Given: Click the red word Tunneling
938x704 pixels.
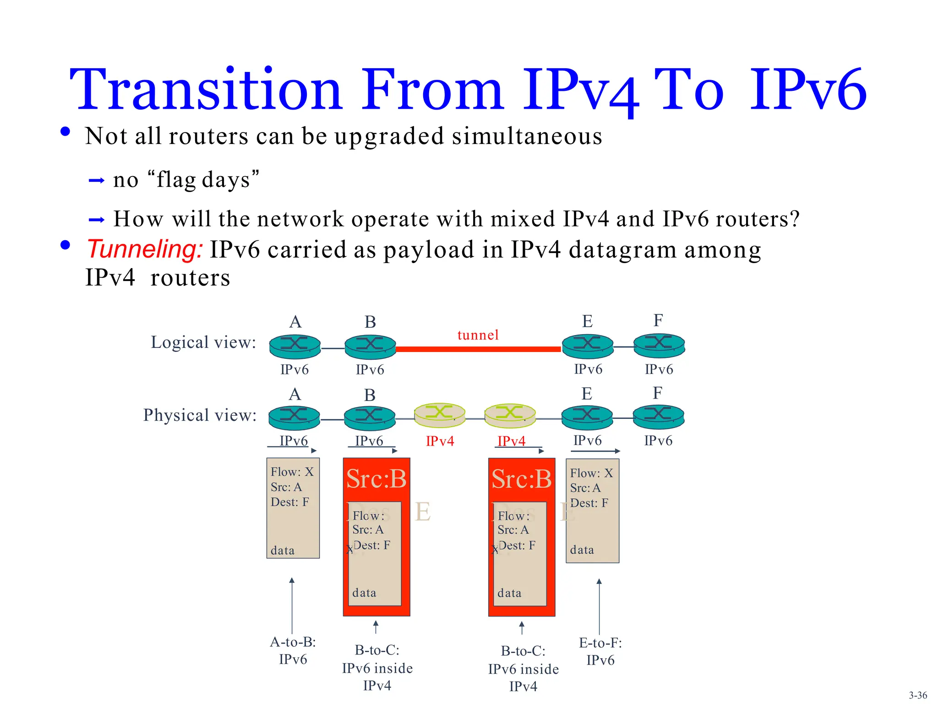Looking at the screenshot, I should (x=145, y=249).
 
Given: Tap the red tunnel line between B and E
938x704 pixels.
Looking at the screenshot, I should (x=478, y=349).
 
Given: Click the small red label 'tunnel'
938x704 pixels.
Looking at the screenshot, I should (x=478, y=335).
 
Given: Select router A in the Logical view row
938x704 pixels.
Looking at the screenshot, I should (x=294, y=346).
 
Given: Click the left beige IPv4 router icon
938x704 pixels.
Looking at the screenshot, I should (x=440, y=415).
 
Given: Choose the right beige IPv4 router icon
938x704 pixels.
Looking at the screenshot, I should (x=510, y=415).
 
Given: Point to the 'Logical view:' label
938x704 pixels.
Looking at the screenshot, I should (x=203, y=342).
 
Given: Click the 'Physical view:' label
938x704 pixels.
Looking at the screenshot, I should (x=200, y=415).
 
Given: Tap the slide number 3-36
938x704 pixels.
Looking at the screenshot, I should (x=918, y=695).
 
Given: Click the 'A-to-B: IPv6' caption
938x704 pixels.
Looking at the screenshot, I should (x=293, y=650).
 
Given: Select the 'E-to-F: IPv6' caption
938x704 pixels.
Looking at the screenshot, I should (x=600, y=651).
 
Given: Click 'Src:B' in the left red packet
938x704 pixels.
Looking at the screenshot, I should (x=376, y=479).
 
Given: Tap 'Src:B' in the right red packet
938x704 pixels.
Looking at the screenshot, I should (x=521, y=479).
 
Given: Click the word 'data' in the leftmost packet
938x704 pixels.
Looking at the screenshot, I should (x=283, y=550).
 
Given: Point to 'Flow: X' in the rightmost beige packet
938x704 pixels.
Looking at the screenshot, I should (x=591, y=473).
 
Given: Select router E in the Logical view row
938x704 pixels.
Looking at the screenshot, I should (x=588, y=346).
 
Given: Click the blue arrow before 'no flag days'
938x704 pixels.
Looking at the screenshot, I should (x=97, y=181).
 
